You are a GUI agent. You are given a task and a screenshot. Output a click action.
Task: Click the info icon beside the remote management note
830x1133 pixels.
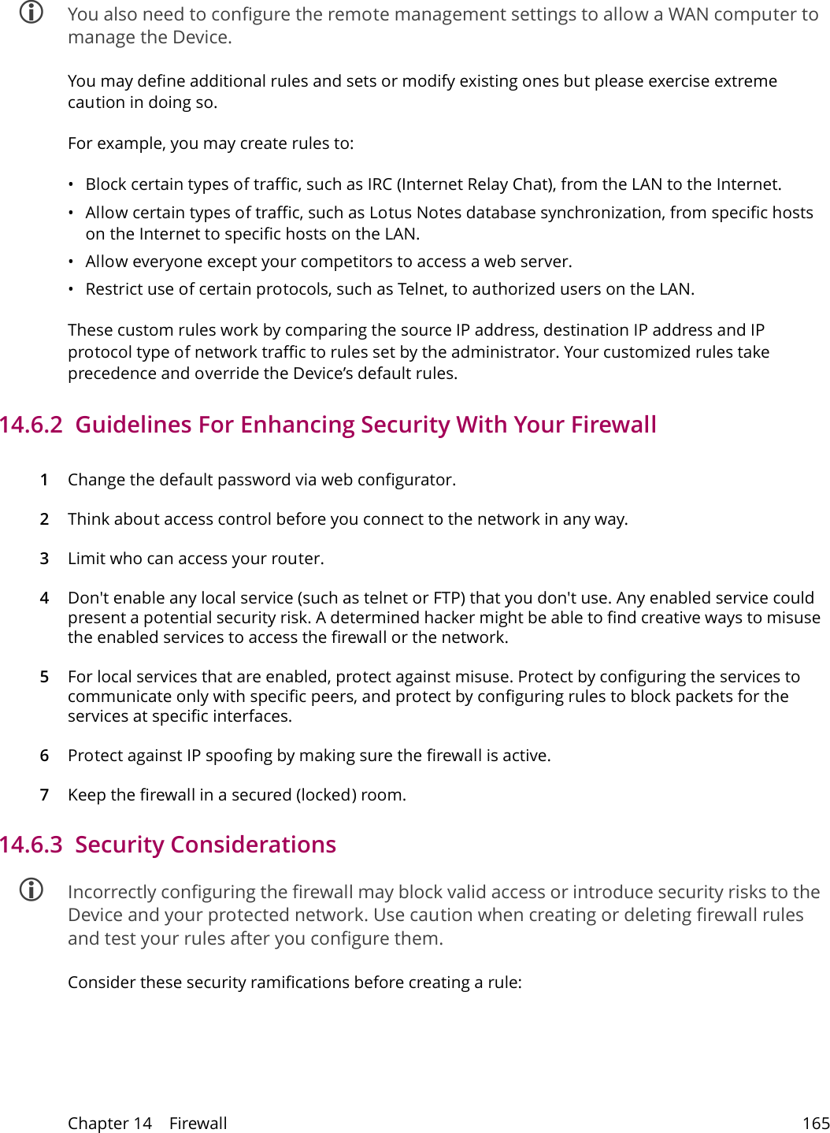coord(31,13)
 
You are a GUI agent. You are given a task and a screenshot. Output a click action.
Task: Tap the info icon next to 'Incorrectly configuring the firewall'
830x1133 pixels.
coord(31,890)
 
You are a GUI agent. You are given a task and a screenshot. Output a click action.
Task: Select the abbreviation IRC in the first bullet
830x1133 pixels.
coord(380,184)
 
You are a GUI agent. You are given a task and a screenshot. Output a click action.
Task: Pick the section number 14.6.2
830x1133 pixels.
coord(31,425)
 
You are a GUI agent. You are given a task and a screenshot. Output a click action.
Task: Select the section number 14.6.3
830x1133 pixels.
coord(31,845)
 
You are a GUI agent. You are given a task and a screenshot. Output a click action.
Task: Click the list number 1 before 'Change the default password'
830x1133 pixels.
coord(45,480)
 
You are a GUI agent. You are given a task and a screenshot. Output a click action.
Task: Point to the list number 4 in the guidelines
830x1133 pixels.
coord(45,598)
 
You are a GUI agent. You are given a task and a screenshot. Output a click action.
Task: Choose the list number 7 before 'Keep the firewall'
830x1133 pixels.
coord(45,795)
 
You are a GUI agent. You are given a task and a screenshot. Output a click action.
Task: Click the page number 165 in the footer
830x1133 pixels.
coord(816,1124)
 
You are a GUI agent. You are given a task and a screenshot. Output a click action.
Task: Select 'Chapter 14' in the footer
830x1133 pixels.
coord(109,1124)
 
